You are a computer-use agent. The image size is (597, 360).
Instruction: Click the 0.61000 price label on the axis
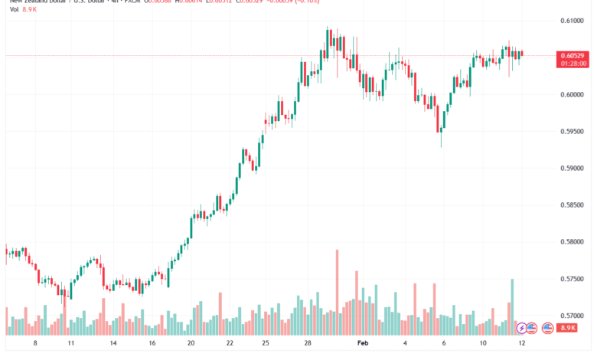(x=575, y=21)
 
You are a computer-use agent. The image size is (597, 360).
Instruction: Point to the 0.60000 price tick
(x=575, y=95)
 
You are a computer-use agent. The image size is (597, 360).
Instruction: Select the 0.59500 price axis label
(x=575, y=131)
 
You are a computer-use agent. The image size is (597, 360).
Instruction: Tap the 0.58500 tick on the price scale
(x=575, y=205)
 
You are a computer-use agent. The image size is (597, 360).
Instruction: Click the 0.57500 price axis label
(x=575, y=280)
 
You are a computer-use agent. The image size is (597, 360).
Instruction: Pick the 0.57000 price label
(x=575, y=316)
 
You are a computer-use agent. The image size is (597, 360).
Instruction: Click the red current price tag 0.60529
(x=574, y=55)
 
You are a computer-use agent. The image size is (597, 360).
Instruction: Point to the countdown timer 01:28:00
(x=574, y=64)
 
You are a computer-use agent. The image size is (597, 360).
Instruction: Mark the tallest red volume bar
(x=337, y=291)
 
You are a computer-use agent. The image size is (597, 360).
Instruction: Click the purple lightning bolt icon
(x=522, y=328)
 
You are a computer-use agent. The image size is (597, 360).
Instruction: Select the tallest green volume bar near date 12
(x=512, y=305)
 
